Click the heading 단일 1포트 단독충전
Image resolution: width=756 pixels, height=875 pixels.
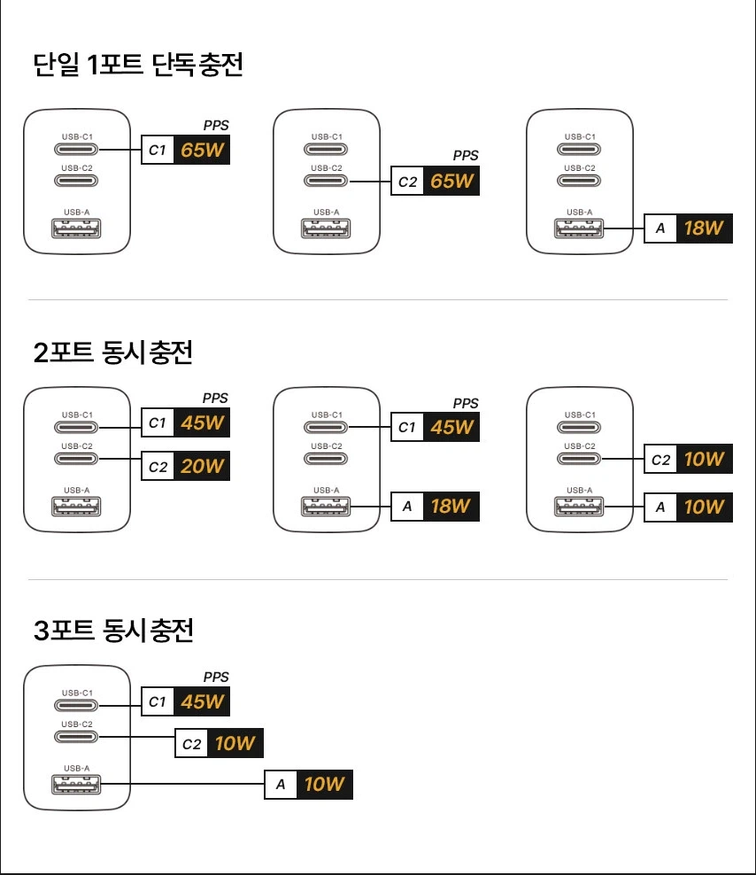pos(137,65)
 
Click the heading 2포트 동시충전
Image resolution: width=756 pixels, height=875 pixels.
pos(112,352)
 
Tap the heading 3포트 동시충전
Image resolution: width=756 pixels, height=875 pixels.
pos(112,631)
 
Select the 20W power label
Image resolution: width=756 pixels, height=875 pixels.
pos(203,466)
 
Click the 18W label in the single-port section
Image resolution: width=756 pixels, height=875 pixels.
pos(704,228)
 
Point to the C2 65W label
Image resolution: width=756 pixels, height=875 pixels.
pos(435,182)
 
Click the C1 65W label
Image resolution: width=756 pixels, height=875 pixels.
pos(186,150)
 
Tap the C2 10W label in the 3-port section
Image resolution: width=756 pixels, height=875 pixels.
pos(220,743)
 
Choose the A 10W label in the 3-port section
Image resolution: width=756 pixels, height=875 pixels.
pos(309,784)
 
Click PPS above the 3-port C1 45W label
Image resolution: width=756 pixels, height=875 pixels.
pos(216,677)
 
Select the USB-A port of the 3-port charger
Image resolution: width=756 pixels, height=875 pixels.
pos(77,784)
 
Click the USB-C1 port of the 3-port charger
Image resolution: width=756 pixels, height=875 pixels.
pos(77,706)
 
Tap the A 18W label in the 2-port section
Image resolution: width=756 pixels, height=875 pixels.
pos(435,506)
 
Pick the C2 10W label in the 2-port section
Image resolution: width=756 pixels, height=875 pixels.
pos(688,459)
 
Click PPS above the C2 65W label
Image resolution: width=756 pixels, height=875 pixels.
pos(466,155)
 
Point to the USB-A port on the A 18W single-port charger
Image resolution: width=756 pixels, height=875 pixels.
pos(580,228)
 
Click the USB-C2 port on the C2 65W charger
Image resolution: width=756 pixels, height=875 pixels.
pos(327,181)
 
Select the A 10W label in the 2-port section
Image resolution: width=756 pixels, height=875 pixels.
pos(688,507)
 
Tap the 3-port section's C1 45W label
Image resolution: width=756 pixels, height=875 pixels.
pos(186,701)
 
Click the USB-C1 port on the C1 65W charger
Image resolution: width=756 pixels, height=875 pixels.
pos(77,150)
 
